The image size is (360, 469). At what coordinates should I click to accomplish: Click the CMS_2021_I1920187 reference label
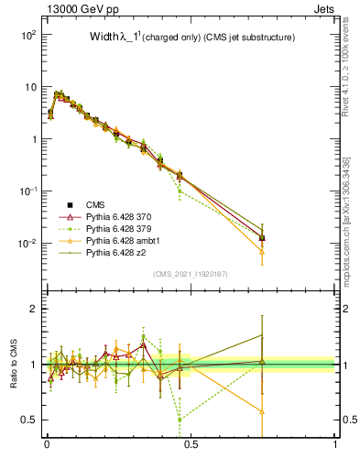(191, 274)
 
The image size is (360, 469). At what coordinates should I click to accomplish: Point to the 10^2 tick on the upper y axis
(27, 34)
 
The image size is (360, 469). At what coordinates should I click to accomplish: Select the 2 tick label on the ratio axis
(33, 309)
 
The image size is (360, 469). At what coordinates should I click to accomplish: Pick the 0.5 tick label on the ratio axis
(28, 420)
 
